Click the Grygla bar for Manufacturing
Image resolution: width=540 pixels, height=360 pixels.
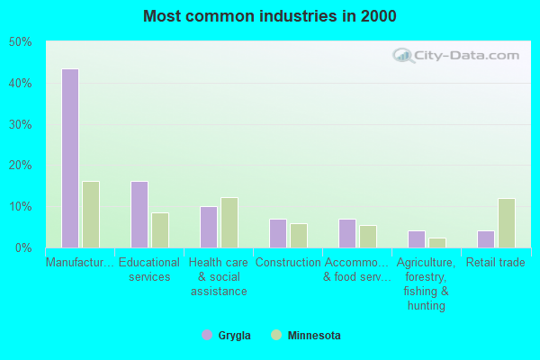(x=70, y=158)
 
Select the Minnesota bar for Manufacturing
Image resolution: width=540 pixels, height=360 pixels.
(x=91, y=214)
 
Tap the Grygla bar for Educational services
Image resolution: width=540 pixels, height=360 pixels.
(x=139, y=214)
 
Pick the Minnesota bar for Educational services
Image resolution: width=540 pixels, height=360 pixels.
(x=160, y=229)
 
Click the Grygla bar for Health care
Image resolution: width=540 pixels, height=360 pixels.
(x=209, y=227)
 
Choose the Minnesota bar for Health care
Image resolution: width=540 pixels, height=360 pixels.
(x=229, y=222)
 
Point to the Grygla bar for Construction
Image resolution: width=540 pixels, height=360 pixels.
(x=278, y=233)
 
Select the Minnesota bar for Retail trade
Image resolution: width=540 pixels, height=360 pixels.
(x=507, y=222)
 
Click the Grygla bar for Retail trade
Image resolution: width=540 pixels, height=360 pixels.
(x=486, y=238)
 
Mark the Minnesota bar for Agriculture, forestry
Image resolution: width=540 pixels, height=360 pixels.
(x=437, y=242)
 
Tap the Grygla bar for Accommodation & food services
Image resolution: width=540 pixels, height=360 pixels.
(x=347, y=233)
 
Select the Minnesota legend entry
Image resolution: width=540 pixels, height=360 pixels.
(x=305, y=336)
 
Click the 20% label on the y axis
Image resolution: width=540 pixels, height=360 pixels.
(x=20, y=166)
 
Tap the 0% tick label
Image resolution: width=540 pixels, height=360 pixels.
(x=22, y=247)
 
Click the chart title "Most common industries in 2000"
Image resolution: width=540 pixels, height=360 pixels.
(x=270, y=16)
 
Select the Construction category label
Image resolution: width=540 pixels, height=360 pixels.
(x=288, y=263)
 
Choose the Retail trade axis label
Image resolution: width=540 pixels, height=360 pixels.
(x=496, y=263)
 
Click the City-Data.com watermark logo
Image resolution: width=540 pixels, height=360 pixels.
(x=454, y=56)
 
